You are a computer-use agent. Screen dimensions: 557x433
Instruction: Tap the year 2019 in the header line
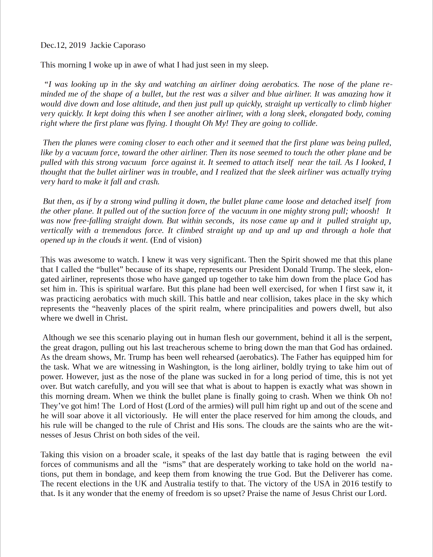[x=77, y=45]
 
